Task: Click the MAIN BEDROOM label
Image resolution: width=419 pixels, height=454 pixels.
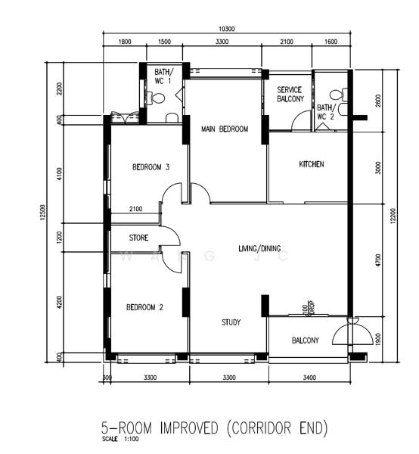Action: coord(225,129)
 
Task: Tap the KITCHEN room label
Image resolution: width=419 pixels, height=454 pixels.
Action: coord(312,164)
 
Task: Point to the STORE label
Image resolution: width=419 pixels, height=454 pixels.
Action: coord(138,238)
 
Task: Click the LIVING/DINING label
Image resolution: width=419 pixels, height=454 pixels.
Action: coord(265,248)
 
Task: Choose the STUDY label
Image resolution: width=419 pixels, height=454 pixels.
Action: coord(231,322)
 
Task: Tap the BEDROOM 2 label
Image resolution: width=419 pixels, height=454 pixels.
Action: coord(145,307)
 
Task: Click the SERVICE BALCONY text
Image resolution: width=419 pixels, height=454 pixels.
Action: coord(290,95)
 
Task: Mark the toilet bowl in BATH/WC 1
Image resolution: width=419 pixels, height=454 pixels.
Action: coord(157,98)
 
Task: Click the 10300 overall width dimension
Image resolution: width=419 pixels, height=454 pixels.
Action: coord(226,30)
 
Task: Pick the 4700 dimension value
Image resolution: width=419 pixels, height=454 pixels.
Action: coord(379,260)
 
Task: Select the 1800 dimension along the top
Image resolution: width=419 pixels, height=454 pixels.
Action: coord(125,42)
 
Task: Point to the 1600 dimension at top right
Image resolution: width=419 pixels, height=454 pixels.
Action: coord(331,42)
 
